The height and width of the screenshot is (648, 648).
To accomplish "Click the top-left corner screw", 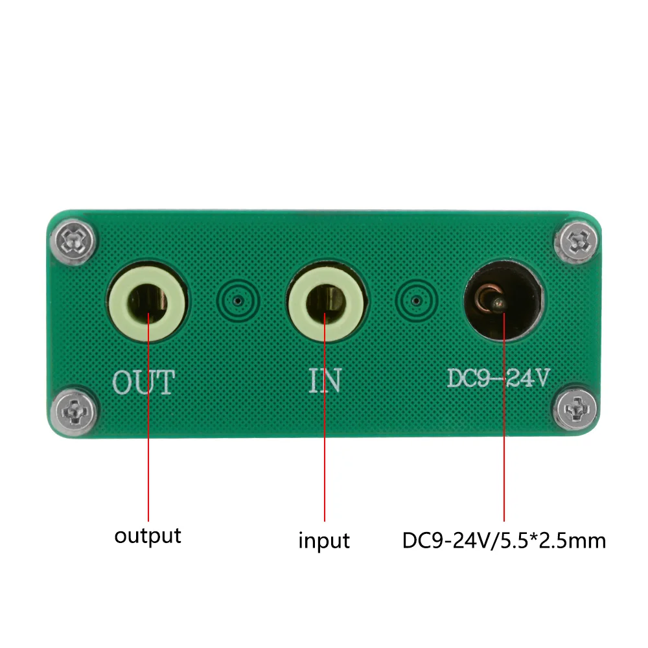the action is click(x=74, y=241).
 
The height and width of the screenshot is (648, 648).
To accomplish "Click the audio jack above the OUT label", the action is click(x=147, y=302).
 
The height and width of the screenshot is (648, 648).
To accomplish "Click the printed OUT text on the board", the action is click(x=144, y=382).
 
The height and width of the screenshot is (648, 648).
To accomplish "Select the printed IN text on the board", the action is click(x=325, y=380).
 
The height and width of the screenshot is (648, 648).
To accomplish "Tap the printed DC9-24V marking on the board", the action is click(x=498, y=377).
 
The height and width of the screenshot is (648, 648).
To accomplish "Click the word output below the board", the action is click(x=148, y=537).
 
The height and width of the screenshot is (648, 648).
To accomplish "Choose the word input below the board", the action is click(x=325, y=540).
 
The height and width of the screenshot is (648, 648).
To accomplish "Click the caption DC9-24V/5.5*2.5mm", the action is click(x=504, y=540).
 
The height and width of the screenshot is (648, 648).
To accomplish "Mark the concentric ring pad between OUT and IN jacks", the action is click(x=238, y=301).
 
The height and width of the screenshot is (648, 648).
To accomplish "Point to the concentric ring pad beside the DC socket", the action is click(x=417, y=301).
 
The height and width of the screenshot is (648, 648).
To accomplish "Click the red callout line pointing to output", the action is click(x=148, y=417).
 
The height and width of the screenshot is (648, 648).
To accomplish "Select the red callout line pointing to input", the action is click(x=325, y=417).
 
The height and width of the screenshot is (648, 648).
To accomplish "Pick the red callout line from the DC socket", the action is click(x=504, y=417).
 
